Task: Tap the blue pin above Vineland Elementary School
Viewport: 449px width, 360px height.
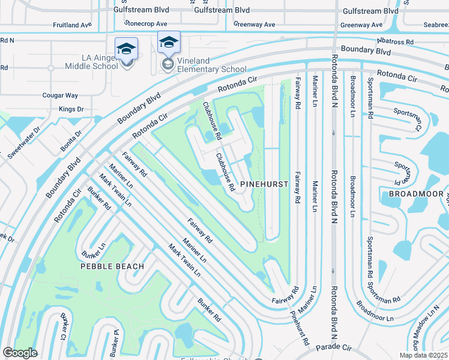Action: pyautogui.click(x=169, y=43)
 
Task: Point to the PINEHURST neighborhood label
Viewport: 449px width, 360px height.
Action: pyautogui.click(x=261, y=185)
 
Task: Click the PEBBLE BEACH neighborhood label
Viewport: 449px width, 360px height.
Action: pyautogui.click(x=113, y=266)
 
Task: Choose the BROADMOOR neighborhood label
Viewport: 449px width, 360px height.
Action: pyautogui.click(x=415, y=194)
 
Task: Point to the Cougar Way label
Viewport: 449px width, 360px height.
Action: pyautogui.click(x=64, y=95)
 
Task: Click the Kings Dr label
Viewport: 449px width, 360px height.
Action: pyautogui.click(x=71, y=109)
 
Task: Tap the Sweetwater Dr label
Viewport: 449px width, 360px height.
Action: pyautogui.click(x=22, y=142)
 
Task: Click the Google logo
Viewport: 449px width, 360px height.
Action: pyautogui.click(x=20, y=353)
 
